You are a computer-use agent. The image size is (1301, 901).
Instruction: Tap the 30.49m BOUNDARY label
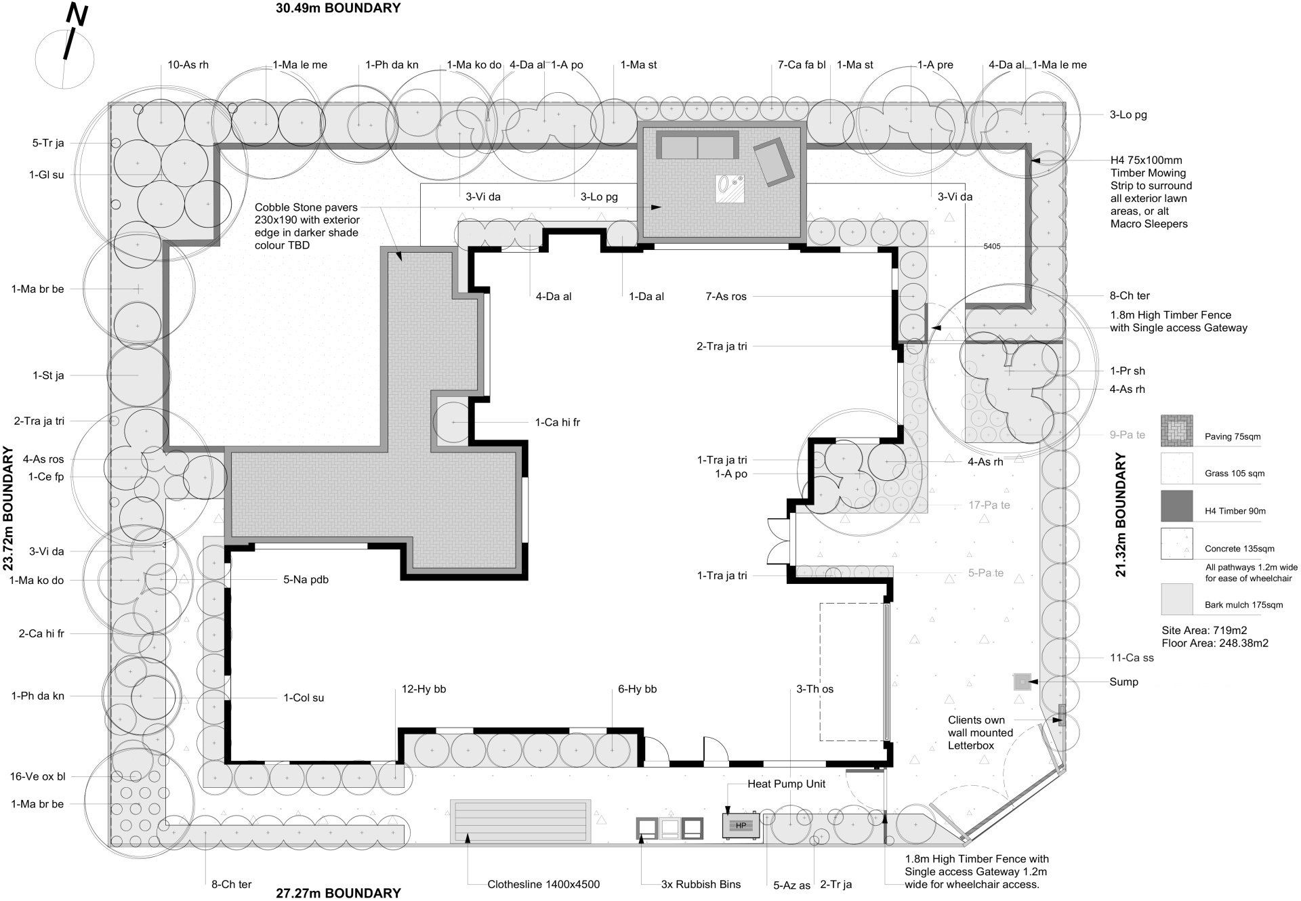coord(338,8)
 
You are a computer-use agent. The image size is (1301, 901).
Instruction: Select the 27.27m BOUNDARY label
coord(338,893)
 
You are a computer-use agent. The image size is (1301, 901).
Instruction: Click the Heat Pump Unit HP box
coord(741,826)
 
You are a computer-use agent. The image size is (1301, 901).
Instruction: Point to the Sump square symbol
coord(1023,682)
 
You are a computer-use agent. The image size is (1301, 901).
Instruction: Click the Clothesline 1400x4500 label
coord(543,884)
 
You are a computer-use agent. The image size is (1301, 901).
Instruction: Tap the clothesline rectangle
coord(520,821)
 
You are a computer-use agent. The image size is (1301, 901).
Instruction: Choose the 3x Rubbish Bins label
coord(701,884)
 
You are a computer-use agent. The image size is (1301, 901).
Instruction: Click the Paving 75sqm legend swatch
coord(1176,431)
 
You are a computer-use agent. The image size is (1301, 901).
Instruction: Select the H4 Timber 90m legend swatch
coord(1176,506)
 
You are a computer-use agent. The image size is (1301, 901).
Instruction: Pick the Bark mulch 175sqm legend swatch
coord(1176,600)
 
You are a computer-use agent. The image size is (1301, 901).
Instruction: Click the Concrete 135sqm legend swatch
coord(1176,543)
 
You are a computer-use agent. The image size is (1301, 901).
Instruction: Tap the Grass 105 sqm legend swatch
coord(1176,468)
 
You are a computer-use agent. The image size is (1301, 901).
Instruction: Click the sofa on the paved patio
coord(698,147)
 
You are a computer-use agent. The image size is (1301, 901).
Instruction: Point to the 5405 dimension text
coord(991,246)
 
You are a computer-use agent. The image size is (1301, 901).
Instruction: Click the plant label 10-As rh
coord(188,65)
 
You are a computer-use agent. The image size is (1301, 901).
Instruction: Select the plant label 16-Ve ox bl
coord(38,776)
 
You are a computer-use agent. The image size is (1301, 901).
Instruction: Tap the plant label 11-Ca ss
coord(1132,658)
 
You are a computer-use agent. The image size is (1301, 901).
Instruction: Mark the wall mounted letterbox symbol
coord(1062,715)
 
